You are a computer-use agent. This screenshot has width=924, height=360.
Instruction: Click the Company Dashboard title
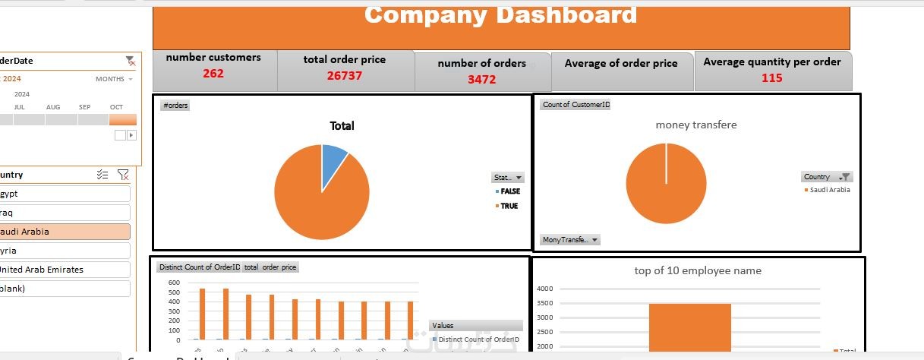click(500, 14)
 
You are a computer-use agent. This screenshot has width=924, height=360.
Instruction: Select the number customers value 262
click(213, 74)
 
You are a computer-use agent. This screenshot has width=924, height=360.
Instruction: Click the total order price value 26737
click(344, 75)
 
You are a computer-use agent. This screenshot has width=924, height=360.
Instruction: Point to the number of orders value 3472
click(481, 79)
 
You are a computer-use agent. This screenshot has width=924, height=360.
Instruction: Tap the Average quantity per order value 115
click(771, 77)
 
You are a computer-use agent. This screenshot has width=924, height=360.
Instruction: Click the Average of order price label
click(620, 64)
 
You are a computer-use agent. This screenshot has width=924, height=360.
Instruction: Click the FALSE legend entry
click(509, 191)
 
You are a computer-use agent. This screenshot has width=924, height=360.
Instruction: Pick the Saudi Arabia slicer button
click(65, 232)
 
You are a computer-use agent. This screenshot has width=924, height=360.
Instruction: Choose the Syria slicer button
click(65, 251)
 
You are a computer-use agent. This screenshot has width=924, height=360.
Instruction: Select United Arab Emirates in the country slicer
click(65, 270)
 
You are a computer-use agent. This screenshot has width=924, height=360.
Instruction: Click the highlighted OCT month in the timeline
click(122, 119)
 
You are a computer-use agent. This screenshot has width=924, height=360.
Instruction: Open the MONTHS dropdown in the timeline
click(114, 79)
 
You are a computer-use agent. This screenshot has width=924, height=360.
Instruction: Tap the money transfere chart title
click(695, 125)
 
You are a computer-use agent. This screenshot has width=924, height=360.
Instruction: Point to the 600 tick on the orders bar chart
click(174, 283)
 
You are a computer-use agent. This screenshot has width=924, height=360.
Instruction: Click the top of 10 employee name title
click(697, 270)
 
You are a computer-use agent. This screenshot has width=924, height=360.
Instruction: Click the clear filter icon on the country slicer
click(123, 175)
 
